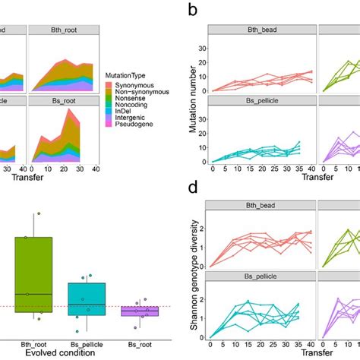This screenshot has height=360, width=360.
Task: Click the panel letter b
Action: pos(193,11)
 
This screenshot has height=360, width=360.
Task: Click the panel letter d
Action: pos(193,187)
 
